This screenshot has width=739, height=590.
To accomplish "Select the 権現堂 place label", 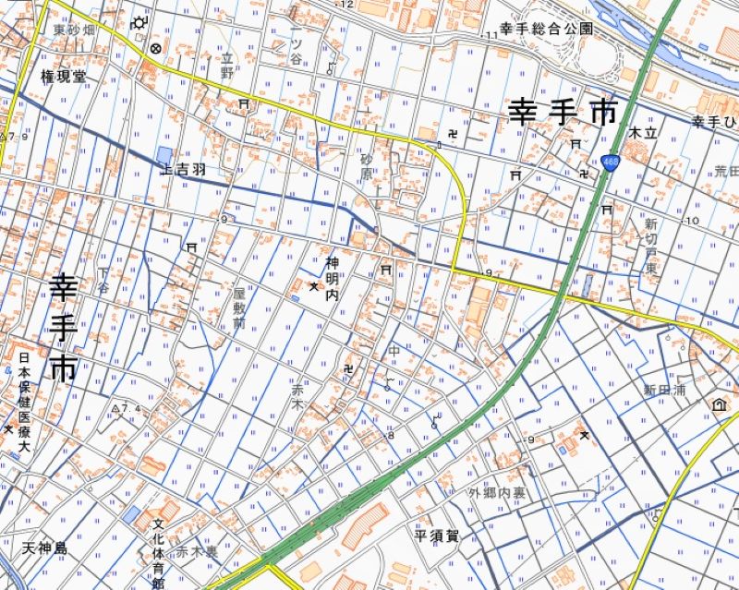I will point(63,76).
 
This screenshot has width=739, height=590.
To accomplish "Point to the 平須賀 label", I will point(437,536).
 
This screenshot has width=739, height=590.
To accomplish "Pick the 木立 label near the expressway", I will point(641,133).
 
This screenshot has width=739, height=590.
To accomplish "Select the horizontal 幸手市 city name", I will point(562,113).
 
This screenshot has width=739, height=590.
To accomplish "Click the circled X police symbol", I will point(155,48).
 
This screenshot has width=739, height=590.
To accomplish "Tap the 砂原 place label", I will point(367,167).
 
